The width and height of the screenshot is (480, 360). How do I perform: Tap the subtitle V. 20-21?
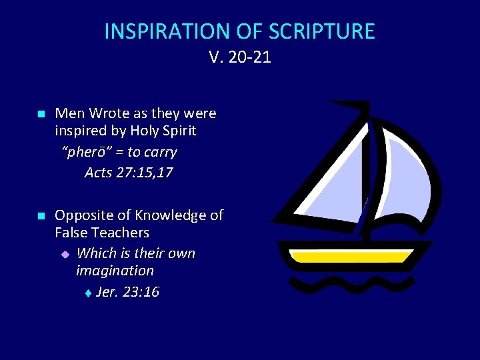click(x=240, y=57)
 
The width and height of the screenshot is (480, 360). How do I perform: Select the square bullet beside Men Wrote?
click(x=40, y=115)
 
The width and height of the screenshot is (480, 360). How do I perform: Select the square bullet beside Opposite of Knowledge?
click(x=40, y=216)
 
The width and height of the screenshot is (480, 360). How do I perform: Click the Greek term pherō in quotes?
click(x=85, y=152)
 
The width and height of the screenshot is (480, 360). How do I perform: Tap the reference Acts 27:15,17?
click(x=129, y=173)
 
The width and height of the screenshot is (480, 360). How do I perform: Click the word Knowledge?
click(x=170, y=215)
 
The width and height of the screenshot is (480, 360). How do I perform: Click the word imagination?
click(x=115, y=271)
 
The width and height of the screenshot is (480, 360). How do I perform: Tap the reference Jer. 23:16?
click(x=127, y=292)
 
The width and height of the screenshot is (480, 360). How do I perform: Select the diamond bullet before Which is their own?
click(x=65, y=254)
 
